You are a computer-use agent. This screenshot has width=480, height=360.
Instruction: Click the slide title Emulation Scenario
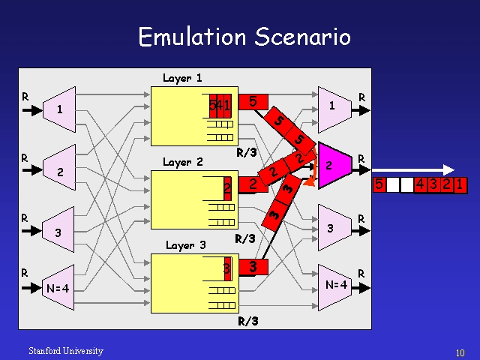coord(244,36)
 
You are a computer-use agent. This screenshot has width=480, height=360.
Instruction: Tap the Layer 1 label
coord(182,78)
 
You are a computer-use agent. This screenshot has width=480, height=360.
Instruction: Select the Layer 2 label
coord(182,162)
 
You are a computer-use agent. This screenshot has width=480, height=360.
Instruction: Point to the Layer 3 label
coord(185,245)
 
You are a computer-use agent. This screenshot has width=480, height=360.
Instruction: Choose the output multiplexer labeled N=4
coord(335,284)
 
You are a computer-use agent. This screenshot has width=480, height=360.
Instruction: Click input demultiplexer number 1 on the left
coord(59,109)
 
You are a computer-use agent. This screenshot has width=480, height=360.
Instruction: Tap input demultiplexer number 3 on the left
coord(58,232)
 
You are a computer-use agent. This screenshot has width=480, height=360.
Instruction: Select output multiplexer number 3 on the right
coord(331,226)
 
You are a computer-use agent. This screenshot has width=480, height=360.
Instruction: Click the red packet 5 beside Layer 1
coord(253,100)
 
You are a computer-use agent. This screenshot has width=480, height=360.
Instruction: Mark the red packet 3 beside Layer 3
coord(253,266)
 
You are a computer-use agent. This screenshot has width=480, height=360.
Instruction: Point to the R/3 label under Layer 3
coord(248,322)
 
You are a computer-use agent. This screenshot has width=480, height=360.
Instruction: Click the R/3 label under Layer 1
coord(247,153)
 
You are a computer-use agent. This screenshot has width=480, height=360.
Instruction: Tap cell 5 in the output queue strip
coord(379,184)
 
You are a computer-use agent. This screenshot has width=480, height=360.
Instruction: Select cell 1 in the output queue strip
coord(459,184)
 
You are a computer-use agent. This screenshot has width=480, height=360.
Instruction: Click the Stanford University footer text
coord(66,351)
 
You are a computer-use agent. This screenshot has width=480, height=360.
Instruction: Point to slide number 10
coord(460,352)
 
